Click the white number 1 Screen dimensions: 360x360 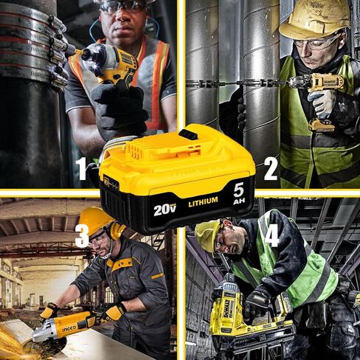coord(82,169)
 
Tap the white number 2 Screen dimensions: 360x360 coord(270,169)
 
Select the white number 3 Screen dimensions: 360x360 coord(82,235)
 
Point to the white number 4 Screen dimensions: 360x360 coord(271,235)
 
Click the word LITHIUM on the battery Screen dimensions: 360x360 coord(203,200)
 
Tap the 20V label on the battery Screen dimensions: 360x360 coord(165,210)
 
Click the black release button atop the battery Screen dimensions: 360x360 coord(188,134)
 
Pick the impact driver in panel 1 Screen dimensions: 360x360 coord(111,63)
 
